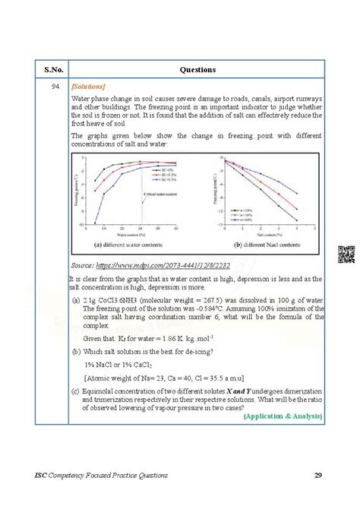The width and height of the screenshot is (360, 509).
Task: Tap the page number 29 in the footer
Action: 317,476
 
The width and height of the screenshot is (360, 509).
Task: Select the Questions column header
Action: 197,69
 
